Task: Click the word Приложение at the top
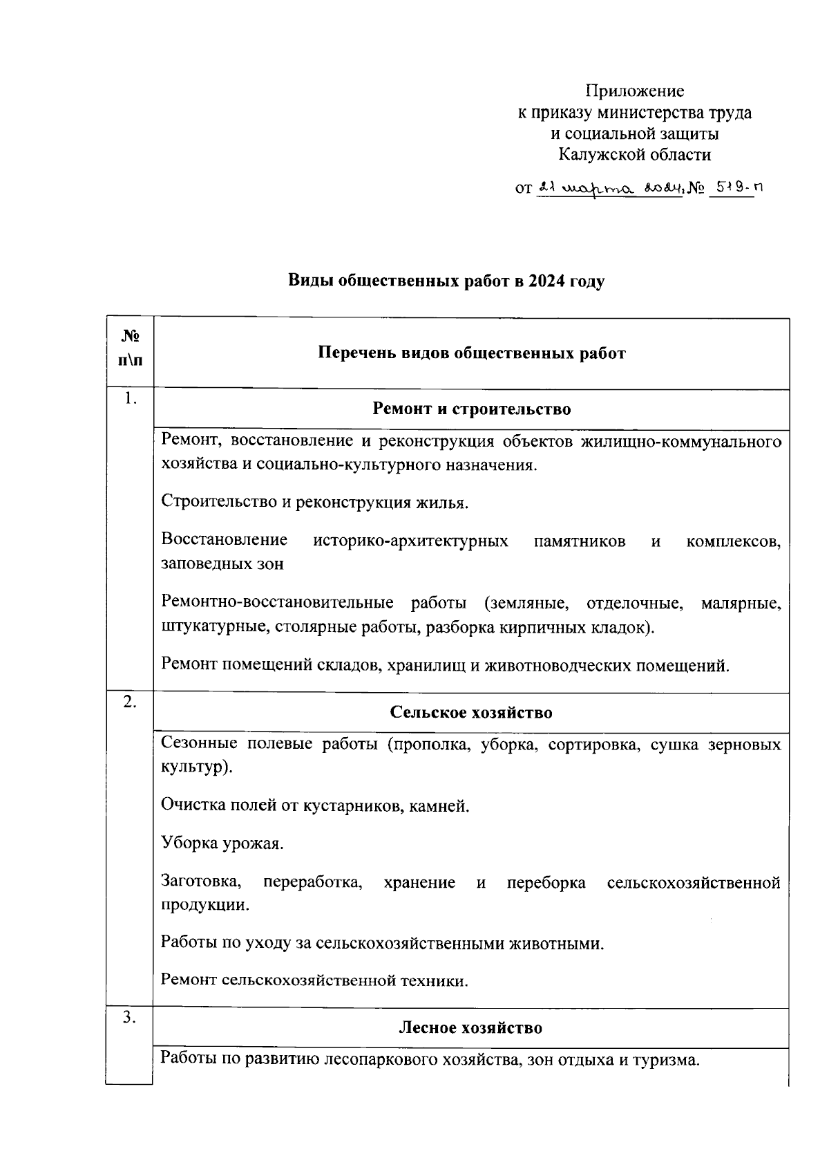pyautogui.click(x=635, y=91)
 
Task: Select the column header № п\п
pyautogui.click(x=130, y=348)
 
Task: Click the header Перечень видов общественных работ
pyautogui.click(x=472, y=353)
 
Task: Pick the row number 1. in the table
pyautogui.click(x=130, y=398)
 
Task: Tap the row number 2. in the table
pyautogui.click(x=130, y=701)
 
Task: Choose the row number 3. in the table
pyautogui.click(x=130, y=1016)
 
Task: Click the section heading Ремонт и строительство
pyautogui.click(x=472, y=409)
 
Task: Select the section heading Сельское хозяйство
pyautogui.click(x=471, y=712)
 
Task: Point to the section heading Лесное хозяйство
pyautogui.click(x=471, y=1027)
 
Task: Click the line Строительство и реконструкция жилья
pyautogui.click(x=314, y=502)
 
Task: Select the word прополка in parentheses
pyautogui.click(x=427, y=745)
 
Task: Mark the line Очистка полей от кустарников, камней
pyautogui.click(x=314, y=805)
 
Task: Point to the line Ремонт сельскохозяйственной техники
pyautogui.click(x=314, y=980)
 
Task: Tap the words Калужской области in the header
pyautogui.click(x=635, y=154)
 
